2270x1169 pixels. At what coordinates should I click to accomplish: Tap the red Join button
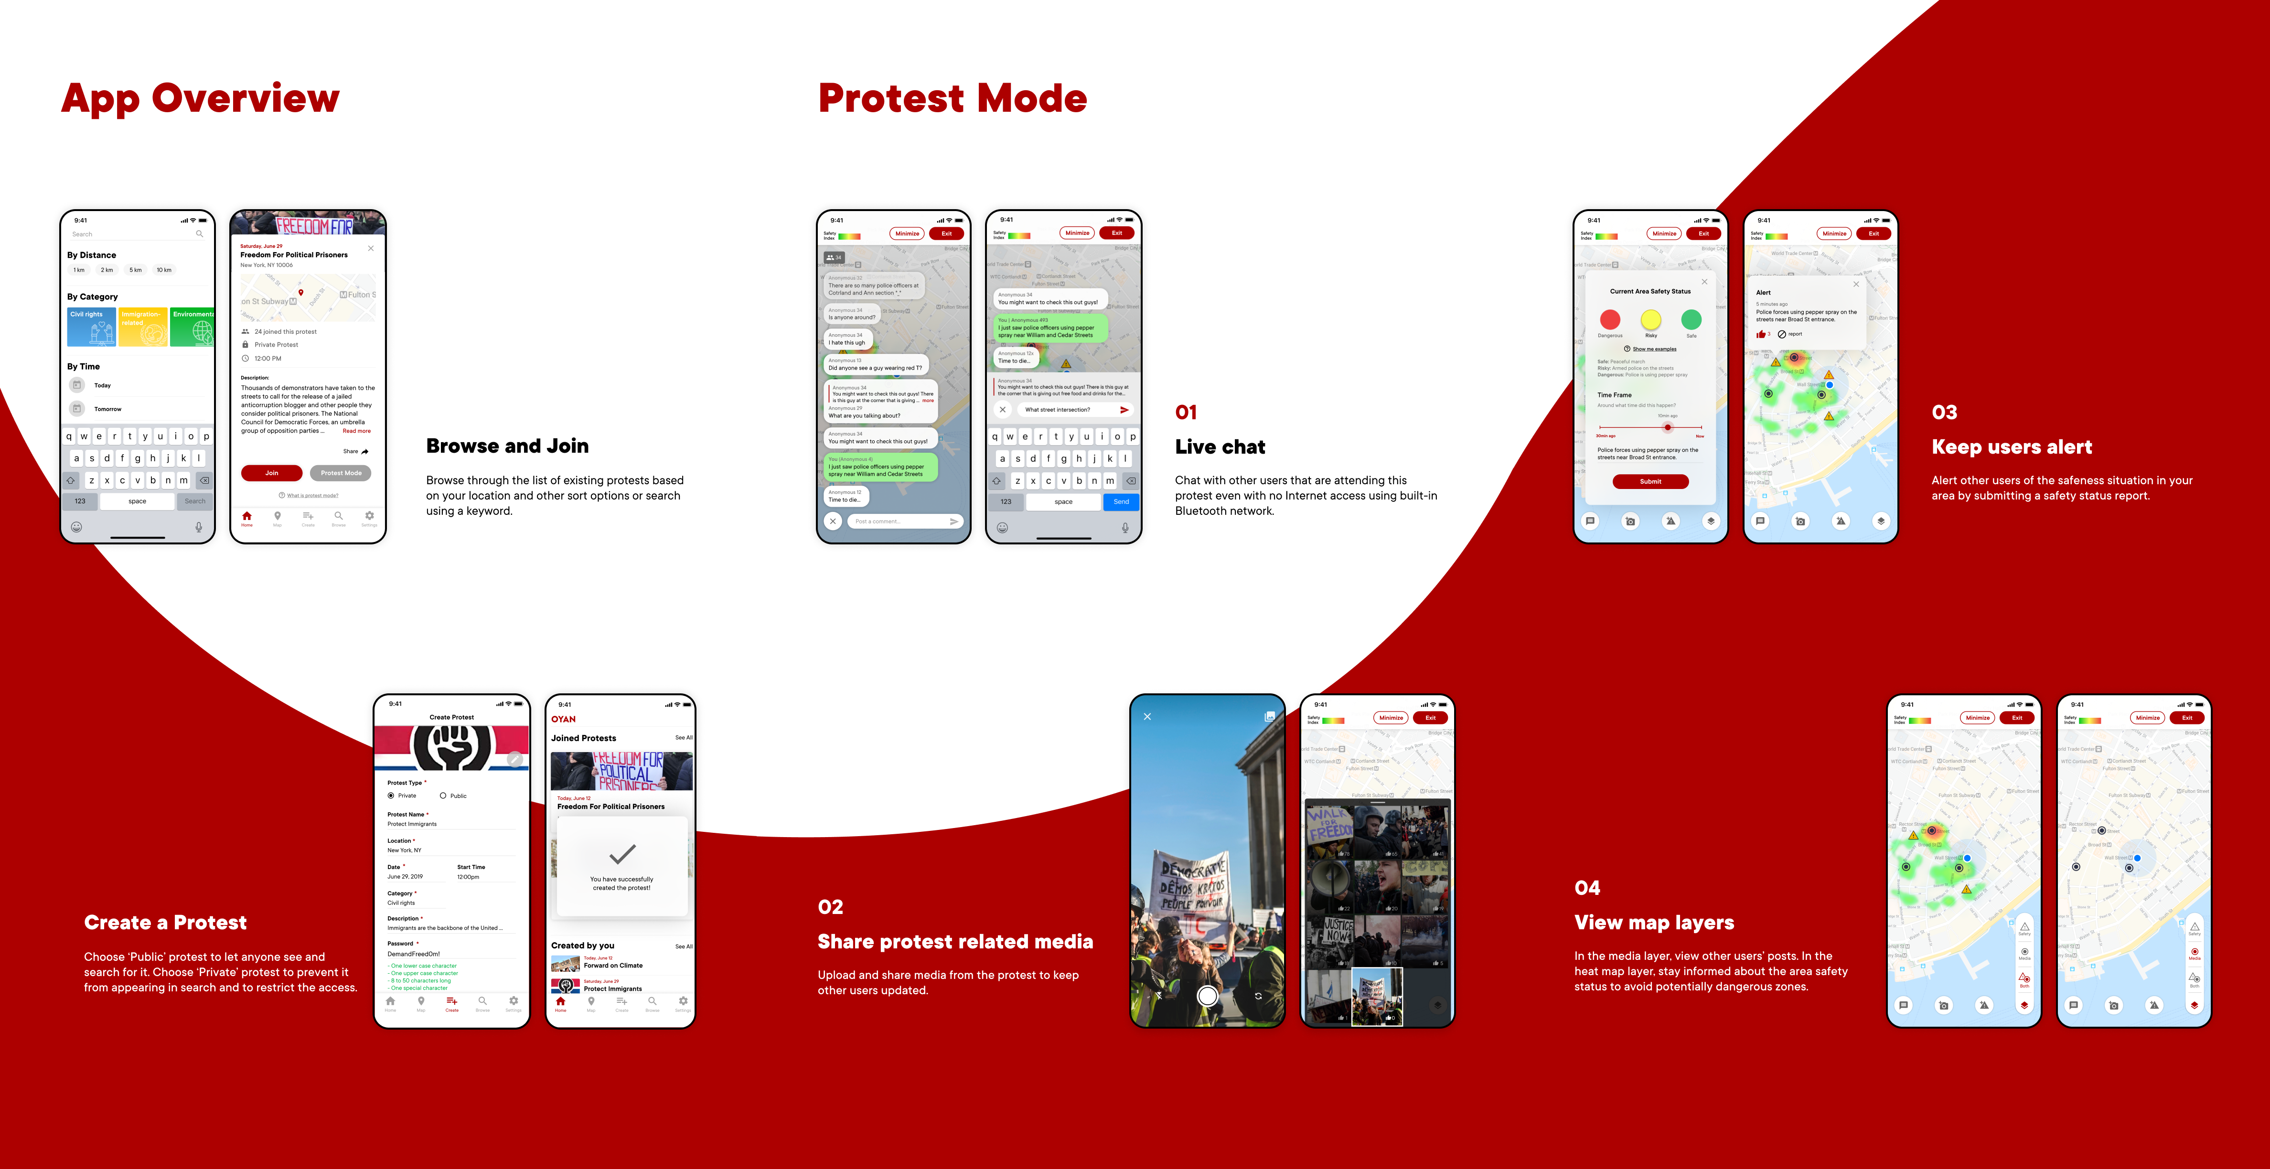pyautogui.click(x=271, y=473)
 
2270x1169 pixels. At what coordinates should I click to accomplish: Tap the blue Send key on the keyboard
pyautogui.click(x=1120, y=501)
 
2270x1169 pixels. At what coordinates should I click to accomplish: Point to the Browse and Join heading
pyautogui.click(x=507, y=446)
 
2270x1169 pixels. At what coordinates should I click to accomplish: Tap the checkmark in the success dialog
pyautogui.click(x=622, y=854)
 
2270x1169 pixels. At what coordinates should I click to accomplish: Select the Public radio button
pyautogui.click(x=443, y=796)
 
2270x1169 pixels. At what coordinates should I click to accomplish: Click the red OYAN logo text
pyautogui.click(x=563, y=719)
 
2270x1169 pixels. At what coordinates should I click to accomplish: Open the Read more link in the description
pyautogui.click(x=356, y=431)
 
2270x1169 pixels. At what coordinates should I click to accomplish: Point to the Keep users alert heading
pyautogui.click(x=2011, y=446)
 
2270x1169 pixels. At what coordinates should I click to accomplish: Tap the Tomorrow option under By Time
pyautogui.click(x=107, y=409)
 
